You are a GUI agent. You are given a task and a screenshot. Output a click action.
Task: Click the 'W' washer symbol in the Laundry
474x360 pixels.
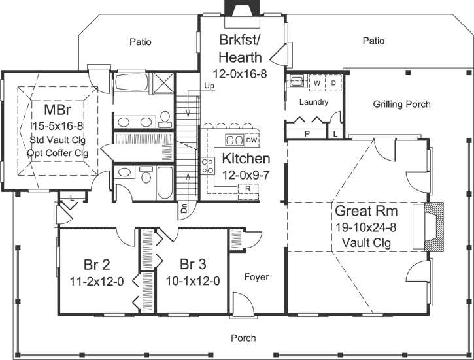click(x=317, y=84)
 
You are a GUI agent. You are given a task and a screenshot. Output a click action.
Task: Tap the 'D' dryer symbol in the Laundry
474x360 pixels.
click(x=332, y=84)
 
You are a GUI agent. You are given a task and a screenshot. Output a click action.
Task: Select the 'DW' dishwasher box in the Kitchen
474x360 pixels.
click(x=252, y=139)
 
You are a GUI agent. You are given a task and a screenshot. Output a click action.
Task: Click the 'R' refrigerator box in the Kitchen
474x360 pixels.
click(x=248, y=188)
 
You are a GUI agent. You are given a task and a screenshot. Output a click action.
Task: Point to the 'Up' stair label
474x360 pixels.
click(x=209, y=86)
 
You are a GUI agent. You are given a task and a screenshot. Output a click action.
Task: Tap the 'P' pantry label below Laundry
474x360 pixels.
click(x=307, y=133)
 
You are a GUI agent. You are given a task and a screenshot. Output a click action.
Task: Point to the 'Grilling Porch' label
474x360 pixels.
click(x=401, y=104)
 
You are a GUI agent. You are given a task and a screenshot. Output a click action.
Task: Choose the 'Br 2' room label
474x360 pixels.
click(x=97, y=266)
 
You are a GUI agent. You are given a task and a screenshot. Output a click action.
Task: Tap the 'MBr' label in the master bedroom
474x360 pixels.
click(x=57, y=109)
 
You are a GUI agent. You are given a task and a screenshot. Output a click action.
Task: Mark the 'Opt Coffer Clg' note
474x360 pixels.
click(x=58, y=153)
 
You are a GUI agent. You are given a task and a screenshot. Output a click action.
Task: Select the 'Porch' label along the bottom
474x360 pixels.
click(x=243, y=338)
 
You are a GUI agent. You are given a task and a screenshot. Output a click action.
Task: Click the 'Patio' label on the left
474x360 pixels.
click(x=140, y=42)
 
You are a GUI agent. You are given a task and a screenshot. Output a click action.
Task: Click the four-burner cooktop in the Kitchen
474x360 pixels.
click(x=208, y=166)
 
